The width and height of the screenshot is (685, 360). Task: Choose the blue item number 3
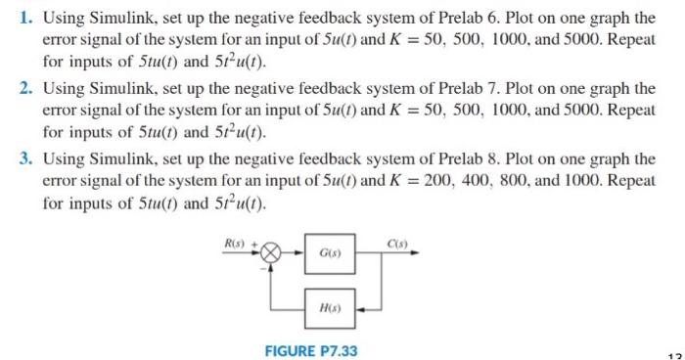click(26, 158)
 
